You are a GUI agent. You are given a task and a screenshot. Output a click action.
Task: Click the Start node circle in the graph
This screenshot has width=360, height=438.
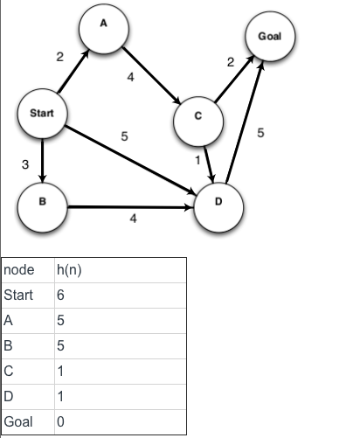(42, 115)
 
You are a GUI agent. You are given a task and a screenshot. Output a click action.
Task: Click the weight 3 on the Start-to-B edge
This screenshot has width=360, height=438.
(26, 163)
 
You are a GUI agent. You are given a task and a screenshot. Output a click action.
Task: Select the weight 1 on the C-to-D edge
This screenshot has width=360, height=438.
(198, 161)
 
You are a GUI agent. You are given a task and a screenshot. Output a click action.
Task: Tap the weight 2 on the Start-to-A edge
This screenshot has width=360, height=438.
(59, 57)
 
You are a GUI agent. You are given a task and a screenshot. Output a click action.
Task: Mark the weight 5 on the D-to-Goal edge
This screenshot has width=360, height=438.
(260, 133)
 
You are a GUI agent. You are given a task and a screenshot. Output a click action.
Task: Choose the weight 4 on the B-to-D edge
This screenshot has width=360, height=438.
(133, 219)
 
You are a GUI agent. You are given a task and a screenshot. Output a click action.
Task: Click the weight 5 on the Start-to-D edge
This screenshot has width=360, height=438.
(124, 136)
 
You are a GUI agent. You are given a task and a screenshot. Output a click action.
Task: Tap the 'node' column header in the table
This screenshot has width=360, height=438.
(19, 271)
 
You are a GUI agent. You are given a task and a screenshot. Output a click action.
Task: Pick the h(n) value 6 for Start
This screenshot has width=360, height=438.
(59, 295)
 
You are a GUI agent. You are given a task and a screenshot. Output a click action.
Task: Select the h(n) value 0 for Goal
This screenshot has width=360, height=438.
(59, 421)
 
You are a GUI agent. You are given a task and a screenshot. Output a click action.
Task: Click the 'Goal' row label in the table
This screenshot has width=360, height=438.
(18, 421)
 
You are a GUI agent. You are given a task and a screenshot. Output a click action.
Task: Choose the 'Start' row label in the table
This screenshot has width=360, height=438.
(18, 295)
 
